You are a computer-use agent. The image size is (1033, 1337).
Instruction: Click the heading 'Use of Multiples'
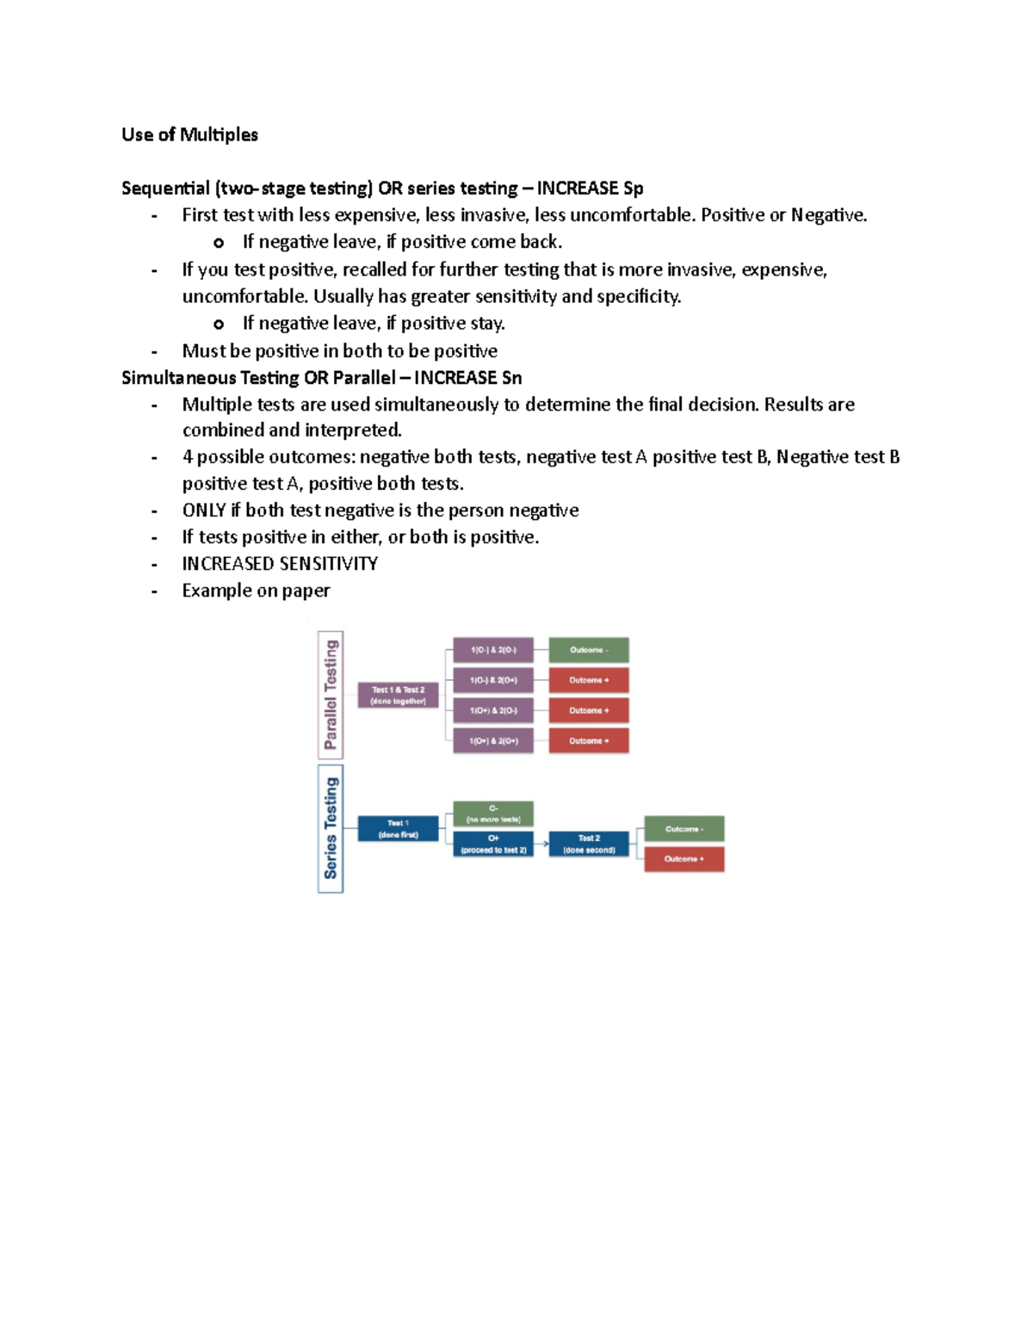189,134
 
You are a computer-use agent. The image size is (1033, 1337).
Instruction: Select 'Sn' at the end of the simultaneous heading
511,378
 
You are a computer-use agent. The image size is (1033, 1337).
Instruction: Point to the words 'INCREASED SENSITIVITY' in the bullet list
280,564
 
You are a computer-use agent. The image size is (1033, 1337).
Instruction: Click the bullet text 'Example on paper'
256,591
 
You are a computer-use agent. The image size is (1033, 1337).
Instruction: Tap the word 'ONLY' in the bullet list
204,511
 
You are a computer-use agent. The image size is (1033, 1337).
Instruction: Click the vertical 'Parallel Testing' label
331,695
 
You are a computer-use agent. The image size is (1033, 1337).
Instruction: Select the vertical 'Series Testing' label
331,828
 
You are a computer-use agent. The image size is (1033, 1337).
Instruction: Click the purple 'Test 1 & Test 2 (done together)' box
398,695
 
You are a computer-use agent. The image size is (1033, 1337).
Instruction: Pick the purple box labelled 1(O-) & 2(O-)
493,650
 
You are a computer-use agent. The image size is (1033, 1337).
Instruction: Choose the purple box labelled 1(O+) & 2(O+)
493,740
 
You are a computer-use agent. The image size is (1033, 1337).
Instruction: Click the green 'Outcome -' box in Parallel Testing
589,650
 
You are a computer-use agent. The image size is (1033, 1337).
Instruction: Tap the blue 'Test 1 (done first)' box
398,829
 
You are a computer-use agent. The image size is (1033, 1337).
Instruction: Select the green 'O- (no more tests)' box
493,814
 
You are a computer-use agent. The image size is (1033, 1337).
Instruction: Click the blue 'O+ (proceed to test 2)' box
493,844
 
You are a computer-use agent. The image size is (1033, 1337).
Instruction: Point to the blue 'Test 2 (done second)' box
589,844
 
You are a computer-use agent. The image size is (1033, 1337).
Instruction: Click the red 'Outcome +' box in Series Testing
684,859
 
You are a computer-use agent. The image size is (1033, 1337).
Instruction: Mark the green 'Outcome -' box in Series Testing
684,829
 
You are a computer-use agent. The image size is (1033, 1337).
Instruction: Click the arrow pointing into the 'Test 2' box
541,844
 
